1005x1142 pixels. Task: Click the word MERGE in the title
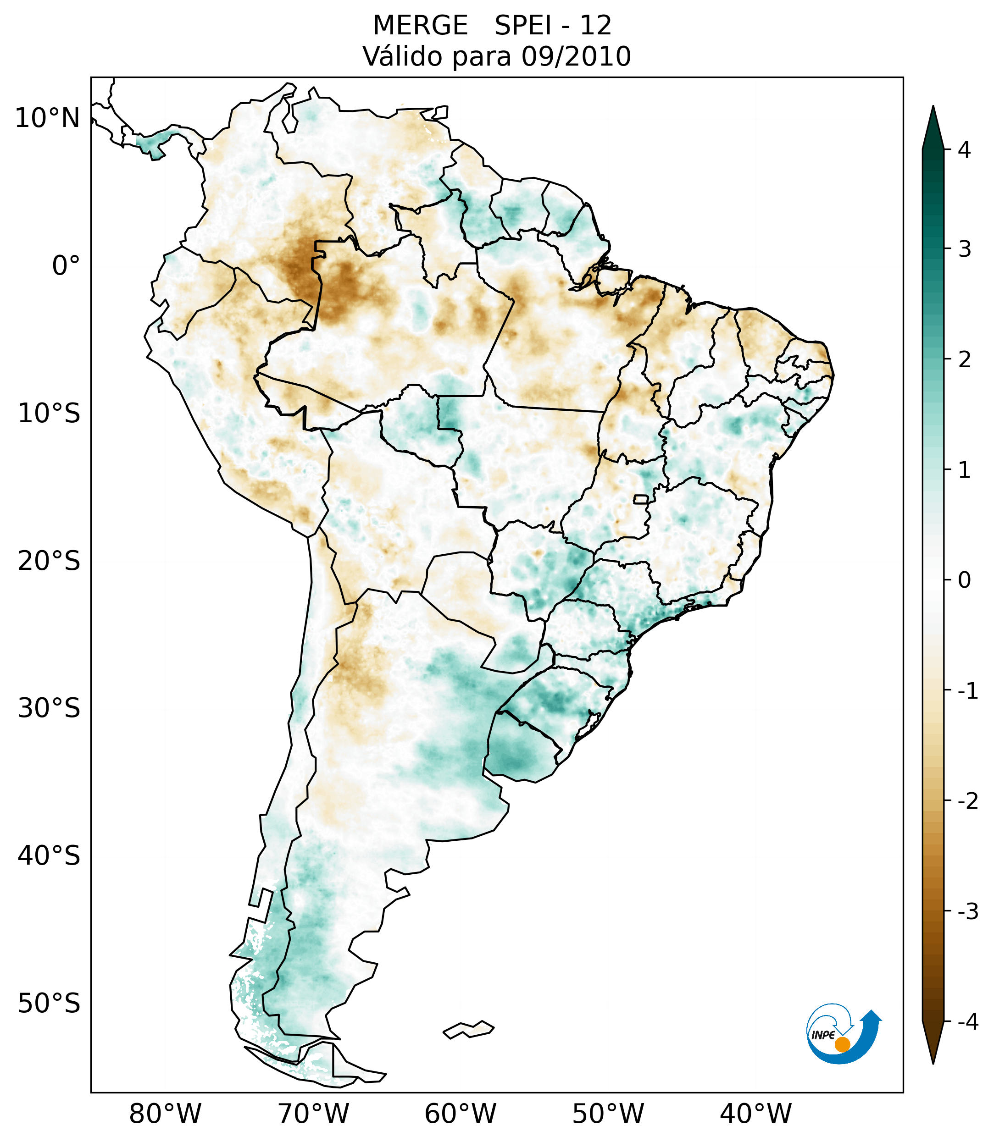[420, 26]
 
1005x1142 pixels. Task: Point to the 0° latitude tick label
[66, 266]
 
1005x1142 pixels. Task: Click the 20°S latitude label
[49, 561]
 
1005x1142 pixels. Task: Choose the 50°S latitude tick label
[49, 1004]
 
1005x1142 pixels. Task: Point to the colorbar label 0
[964, 580]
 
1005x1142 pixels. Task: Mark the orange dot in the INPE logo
[842, 1044]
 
